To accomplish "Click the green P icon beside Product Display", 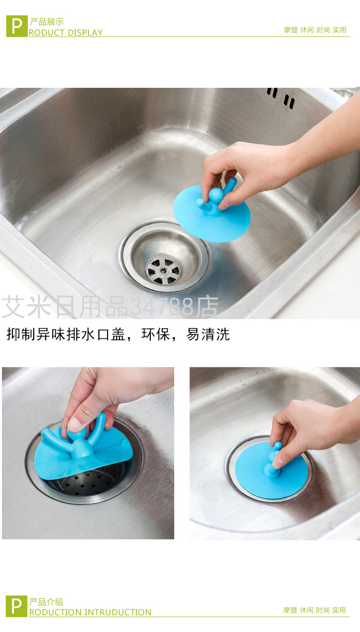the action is [17, 26].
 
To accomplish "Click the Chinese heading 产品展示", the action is [47, 22].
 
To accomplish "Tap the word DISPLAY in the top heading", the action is [85, 33].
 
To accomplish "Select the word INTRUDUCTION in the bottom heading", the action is [118, 612].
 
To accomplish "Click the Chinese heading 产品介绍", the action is [46, 602].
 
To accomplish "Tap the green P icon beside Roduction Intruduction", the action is [16, 606].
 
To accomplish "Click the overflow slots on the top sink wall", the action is [281, 97].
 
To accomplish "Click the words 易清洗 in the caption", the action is [208, 334].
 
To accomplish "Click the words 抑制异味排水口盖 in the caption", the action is [66, 334].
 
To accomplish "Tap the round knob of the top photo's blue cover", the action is [216, 194].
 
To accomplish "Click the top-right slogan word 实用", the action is [339, 30].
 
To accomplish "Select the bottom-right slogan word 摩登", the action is [290, 610].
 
